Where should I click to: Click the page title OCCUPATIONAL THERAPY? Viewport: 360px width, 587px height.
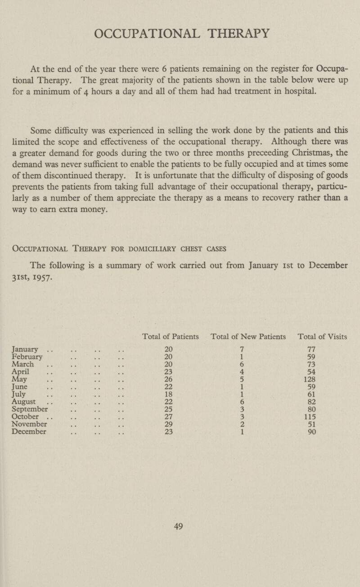[x=180, y=33]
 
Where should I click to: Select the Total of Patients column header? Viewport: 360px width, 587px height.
[x=171, y=336]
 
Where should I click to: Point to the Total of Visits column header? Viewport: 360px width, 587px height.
[x=323, y=336]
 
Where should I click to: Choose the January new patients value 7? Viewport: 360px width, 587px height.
[x=242, y=349]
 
